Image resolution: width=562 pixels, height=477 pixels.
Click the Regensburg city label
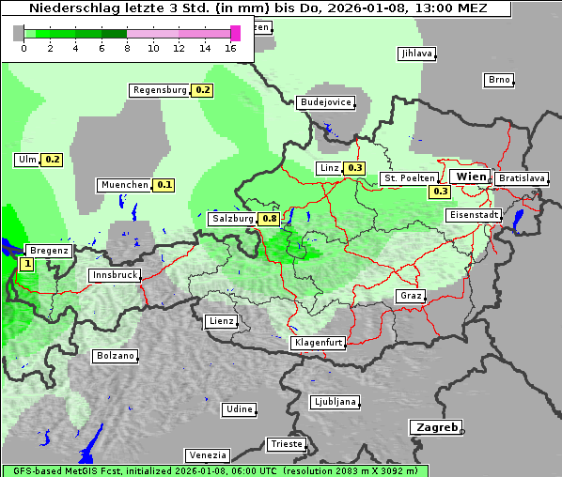(x=160, y=90)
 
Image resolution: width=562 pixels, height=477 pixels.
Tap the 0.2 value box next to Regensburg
(x=202, y=90)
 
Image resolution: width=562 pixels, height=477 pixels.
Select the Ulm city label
(x=26, y=160)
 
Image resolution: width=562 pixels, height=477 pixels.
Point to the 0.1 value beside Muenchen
(x=164, y=185)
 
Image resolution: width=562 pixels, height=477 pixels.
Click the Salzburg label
(x=232, y=219)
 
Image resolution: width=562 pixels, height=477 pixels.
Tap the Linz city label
(x=329, y=168)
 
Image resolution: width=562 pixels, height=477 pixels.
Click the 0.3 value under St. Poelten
(x=441, y=192)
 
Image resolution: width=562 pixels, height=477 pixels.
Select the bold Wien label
(x=470, y=177)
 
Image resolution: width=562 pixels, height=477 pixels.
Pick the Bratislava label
(x=522, y=177)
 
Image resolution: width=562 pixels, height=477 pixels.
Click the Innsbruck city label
(x=115, y=276)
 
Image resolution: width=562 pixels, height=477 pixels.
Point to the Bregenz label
(x=50, y=251)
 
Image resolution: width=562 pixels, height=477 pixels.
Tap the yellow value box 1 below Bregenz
(x=26, y=265)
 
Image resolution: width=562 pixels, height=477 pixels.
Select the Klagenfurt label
(x=319, y=343)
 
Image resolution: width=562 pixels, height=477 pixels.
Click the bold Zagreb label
(x=436, y=427)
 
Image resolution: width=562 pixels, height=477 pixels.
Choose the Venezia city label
(x=207, y=455)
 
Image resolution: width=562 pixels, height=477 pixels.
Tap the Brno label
(x=499, y=80)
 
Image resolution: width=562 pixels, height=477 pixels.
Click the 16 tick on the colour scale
(x=231, y=48)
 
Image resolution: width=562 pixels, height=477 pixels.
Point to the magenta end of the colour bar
(x=235, y=33)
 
